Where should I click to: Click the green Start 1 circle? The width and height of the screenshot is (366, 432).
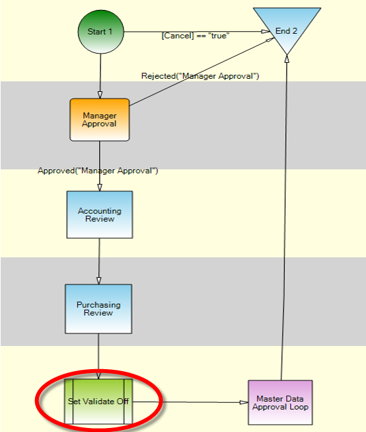(x=100, y=32)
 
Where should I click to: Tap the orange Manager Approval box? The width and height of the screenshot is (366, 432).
(x=100, y=120)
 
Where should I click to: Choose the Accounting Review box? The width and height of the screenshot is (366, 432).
(x=100, y=214)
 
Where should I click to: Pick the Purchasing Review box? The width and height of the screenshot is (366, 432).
(x=98, y=309)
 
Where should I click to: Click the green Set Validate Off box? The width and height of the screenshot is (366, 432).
(x=98, y=402)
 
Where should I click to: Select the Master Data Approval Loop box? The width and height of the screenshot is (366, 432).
(x=280, y=402)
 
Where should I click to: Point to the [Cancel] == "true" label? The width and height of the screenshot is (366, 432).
(x=196, y=36)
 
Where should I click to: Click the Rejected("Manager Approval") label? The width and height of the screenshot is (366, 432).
(x=200, y=76)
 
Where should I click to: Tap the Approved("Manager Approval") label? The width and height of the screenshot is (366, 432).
(x=98, y=171)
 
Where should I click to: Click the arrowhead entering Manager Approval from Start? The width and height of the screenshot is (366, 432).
(x=100, y=95)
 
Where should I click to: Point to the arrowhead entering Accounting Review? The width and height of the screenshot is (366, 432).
(x=100, y=187)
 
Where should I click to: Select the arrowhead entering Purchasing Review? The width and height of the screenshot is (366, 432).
(x=99, y=281)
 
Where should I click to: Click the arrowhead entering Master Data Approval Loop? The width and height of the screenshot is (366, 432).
(x=244, y=402)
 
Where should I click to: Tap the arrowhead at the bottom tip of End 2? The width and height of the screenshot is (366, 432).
(x=287, y=59)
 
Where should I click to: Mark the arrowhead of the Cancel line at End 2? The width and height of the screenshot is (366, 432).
(x=266, y=31)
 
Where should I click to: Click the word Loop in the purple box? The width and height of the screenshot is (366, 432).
(x=299, y=407)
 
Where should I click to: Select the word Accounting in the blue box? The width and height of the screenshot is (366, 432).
(x=100, y=211)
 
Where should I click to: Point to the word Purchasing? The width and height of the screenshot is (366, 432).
(x=98, y=305)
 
